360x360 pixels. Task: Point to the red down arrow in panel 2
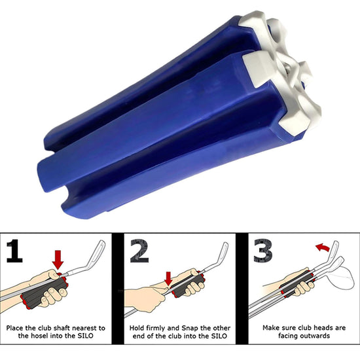coord(168,279)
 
